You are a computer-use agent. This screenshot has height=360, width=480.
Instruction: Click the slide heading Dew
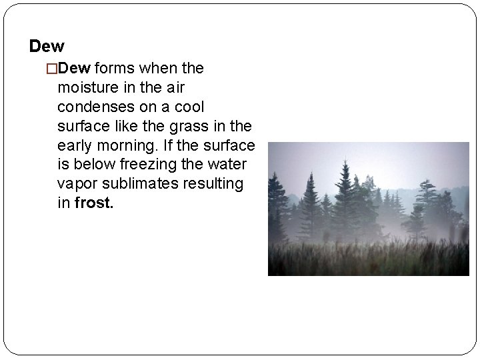(47, 47)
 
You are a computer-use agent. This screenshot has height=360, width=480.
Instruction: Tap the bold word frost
(94, 203)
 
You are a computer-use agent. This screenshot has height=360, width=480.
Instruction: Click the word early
(75, 145)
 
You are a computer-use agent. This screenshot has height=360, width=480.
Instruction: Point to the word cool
(189, 107)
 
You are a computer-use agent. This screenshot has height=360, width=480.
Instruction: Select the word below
(92, 165)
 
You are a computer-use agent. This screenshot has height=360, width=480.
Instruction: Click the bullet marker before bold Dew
(51, 68)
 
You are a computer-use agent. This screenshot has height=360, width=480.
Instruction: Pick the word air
(175, 87)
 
